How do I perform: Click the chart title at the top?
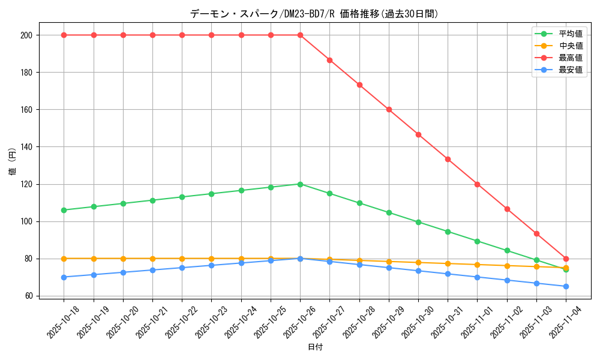click(314, 13)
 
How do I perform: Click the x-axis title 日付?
click(314, 347)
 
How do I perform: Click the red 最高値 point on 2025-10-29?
click(389, 110)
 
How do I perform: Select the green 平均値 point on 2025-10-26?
click(300, 184)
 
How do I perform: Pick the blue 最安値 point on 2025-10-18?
click(64, 277)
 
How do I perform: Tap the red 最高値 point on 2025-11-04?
click(566, 259)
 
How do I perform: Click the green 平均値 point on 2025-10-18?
click(64, 210)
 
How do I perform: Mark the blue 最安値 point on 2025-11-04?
click(566, 286)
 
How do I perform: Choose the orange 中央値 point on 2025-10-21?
click(152, 259)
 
